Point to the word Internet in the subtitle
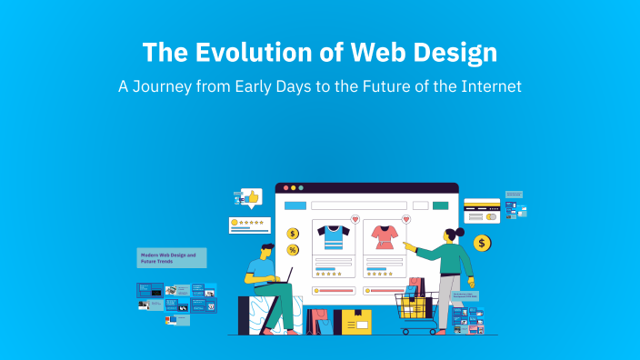(488, 88)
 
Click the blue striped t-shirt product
(332, 237)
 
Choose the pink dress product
(382, 238)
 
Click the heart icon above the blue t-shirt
(355, 220)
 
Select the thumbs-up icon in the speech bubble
(252, 195)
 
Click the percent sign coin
(293, 249)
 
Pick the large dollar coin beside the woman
(482, 243)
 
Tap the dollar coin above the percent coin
(293, 233)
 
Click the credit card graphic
(482, 211)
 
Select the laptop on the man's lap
(282, 276)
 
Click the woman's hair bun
(460, 233)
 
